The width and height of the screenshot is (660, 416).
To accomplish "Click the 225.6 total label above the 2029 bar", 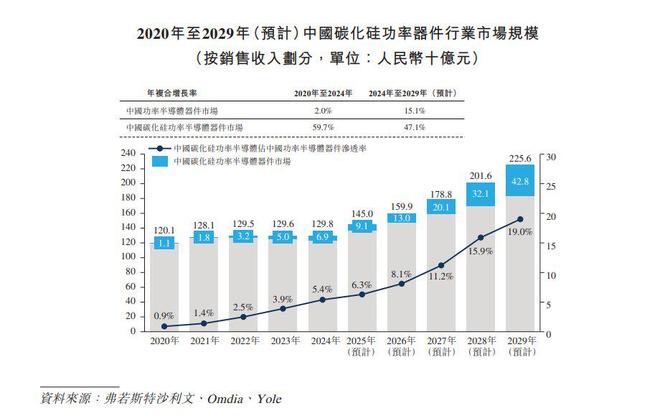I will [x=519, y=157].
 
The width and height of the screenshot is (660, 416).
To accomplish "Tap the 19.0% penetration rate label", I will [x=519, y=231].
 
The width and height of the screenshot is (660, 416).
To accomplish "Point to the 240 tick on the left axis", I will [x=127, y=153].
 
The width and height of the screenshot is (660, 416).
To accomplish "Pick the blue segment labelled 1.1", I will [x=165, y=242].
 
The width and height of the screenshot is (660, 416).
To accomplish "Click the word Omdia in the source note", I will [x=222, y=398].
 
